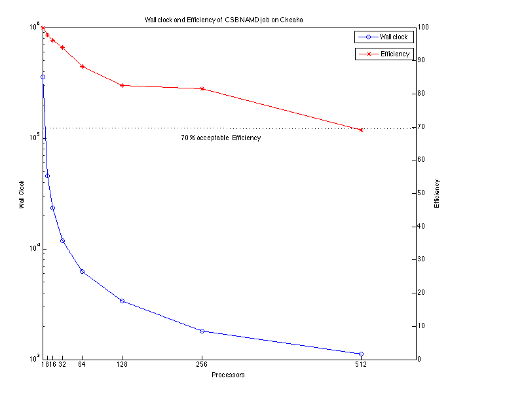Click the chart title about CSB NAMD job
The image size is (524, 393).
click(x=223, y=20)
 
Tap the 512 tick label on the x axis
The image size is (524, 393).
click(x=361, y=364)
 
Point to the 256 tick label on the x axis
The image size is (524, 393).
click(x=202, y=364)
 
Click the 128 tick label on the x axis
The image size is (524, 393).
click(x=122, y=364)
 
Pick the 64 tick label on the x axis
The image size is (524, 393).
click(x=82, y=364)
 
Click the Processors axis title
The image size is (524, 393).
click(x=228, y=375)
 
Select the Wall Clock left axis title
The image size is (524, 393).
click(x=22, y=195)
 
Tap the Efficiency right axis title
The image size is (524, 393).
click(x=437, y=195)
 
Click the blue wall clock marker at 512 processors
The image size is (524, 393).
click(x=361, y=354)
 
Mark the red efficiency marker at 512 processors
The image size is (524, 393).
click(x=361, y=130)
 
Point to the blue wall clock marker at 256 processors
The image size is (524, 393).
click(x=202, y=331)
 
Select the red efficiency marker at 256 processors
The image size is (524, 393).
click(x=202, y=88)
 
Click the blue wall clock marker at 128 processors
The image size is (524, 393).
click(x=122, y=301)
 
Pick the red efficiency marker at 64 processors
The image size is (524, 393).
click(x=82, y=66)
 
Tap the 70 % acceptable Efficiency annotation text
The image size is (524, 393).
click(x=221, y=138)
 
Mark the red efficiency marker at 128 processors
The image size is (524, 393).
click(x=122, y=85)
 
